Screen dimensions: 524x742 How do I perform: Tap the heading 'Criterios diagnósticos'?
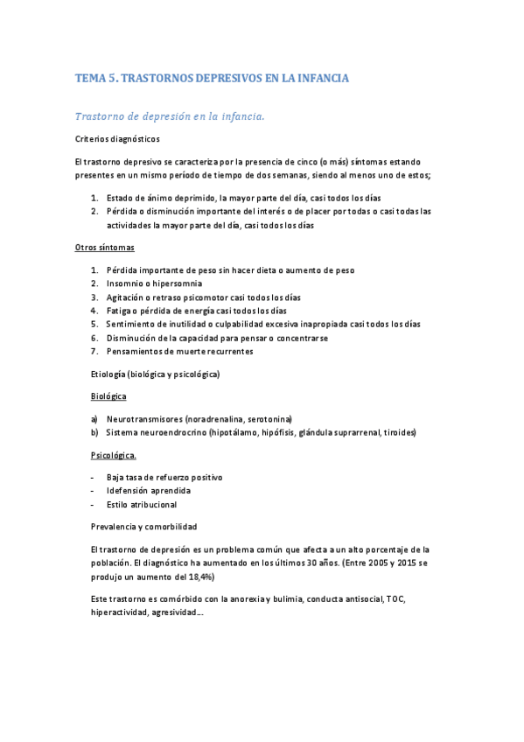(118, 139)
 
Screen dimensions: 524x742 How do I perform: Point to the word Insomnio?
(127, 283)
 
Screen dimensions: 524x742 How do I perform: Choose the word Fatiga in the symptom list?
(120, 311)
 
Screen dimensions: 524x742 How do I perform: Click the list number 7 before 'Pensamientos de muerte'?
(94, 351)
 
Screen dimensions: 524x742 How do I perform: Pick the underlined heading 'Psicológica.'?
(114, 456)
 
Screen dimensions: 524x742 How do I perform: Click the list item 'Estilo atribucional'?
(142, 505)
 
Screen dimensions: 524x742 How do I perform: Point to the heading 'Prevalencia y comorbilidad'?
(143, 527)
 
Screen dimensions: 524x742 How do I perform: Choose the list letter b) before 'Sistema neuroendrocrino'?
(94, 432)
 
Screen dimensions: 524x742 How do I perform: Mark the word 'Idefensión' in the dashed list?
(128, 491)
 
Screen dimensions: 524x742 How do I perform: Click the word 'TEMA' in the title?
(90, 79)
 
